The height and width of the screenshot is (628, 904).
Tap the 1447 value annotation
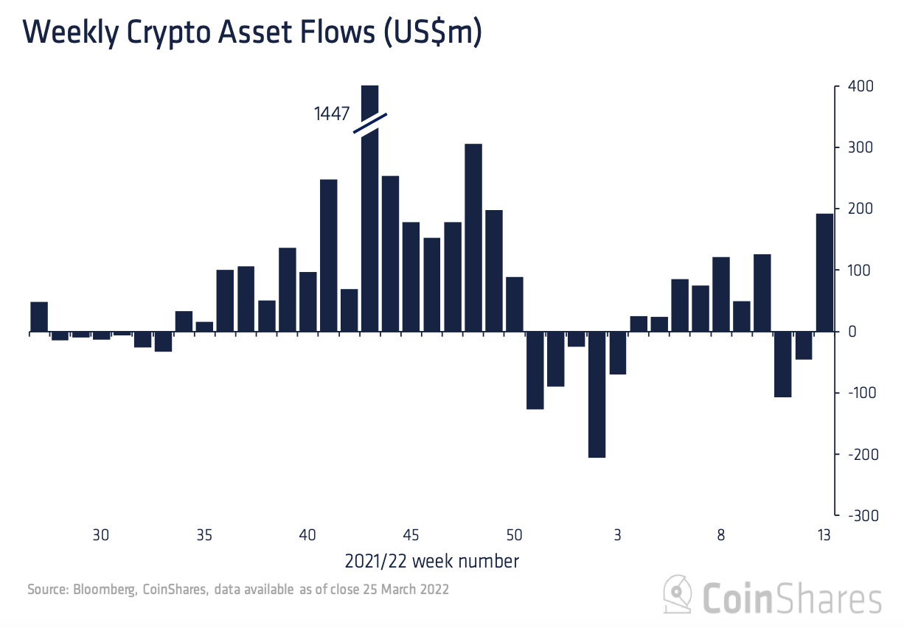click(331, 115)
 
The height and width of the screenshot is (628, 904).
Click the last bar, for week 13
click(824, 273)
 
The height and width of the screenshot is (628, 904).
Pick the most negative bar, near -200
click(597, 394)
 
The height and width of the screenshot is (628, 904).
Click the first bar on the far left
click(39, 317)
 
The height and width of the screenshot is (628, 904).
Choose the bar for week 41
click(328, 255)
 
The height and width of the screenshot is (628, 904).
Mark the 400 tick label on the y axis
click(860, 87)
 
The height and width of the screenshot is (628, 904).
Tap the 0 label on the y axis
click(851, 332)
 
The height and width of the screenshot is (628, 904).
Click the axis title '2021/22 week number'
click(431, 562)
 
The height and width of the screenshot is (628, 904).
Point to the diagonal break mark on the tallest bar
click(370, 123)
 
